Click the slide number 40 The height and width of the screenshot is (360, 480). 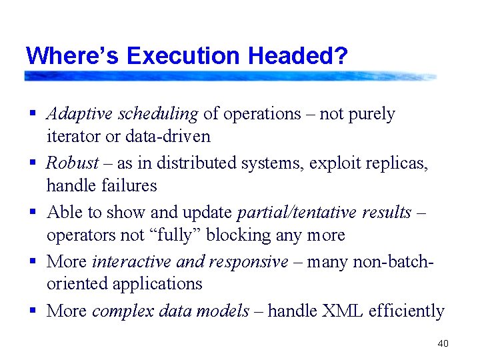point(442,343)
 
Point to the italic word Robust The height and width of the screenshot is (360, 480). point(72,163)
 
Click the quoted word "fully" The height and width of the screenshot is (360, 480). point(184,235)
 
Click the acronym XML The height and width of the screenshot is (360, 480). point(339,311)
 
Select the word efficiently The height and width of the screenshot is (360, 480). point(406,311)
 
